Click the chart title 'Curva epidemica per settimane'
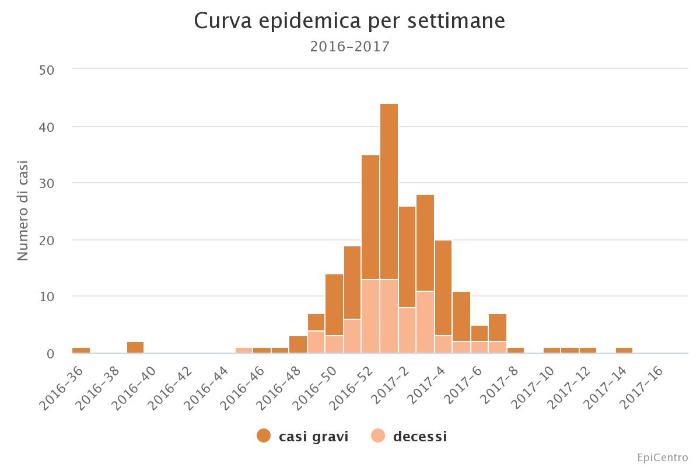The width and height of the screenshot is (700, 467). click(349, 21)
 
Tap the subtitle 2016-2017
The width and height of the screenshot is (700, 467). click(349, 47)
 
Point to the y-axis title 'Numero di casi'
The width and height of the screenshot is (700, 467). click(23, 210)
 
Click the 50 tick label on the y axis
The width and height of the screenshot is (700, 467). click(46, 70)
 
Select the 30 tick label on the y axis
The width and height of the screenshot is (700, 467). click(46, 183)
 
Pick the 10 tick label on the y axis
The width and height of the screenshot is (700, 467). click(46, 297)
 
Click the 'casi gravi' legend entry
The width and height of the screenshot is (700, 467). click(303, 436)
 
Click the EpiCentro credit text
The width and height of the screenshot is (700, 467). click(662, 457)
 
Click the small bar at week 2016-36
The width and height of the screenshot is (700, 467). click(81, 350)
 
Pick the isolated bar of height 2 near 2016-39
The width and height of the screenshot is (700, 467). click(135, 348)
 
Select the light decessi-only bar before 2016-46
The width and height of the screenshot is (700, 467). click(244, 350)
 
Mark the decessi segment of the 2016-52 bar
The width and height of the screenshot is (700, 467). click(371, 316)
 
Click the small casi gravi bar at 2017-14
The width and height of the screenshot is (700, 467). click(624, 350)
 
